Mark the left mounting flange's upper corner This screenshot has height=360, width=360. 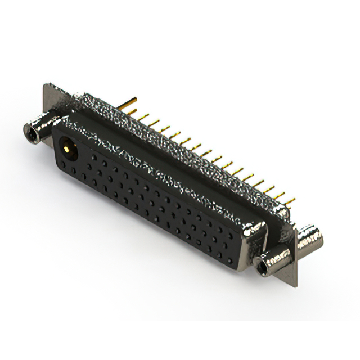point(46,86)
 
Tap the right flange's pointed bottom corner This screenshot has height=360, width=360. point(294,286)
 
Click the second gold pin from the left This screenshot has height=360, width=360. point(142,116)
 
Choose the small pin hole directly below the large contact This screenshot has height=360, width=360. point(70,167)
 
